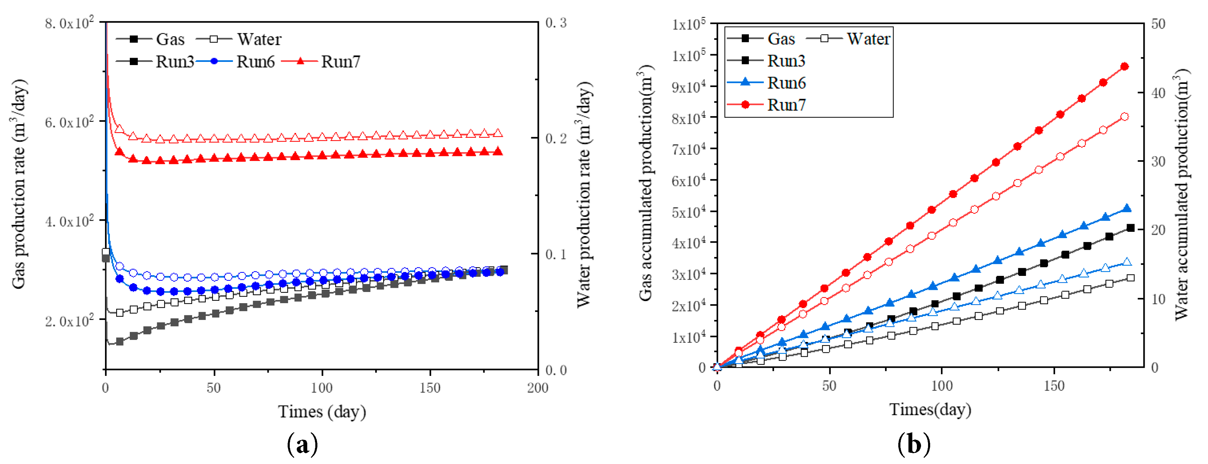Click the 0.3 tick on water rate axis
tap(556, 23)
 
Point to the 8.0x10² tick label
tap(69, 23)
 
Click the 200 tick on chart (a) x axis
tap(538, 388)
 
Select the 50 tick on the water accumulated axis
tap(1158, 24)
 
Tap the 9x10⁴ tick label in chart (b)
tap(688, 87)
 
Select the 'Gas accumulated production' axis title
tap(646, 183)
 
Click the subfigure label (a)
tap(302, 444)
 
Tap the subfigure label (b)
tap(913, 444)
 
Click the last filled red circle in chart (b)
tap(1124, 66)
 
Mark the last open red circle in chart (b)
tap(1124, 117)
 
